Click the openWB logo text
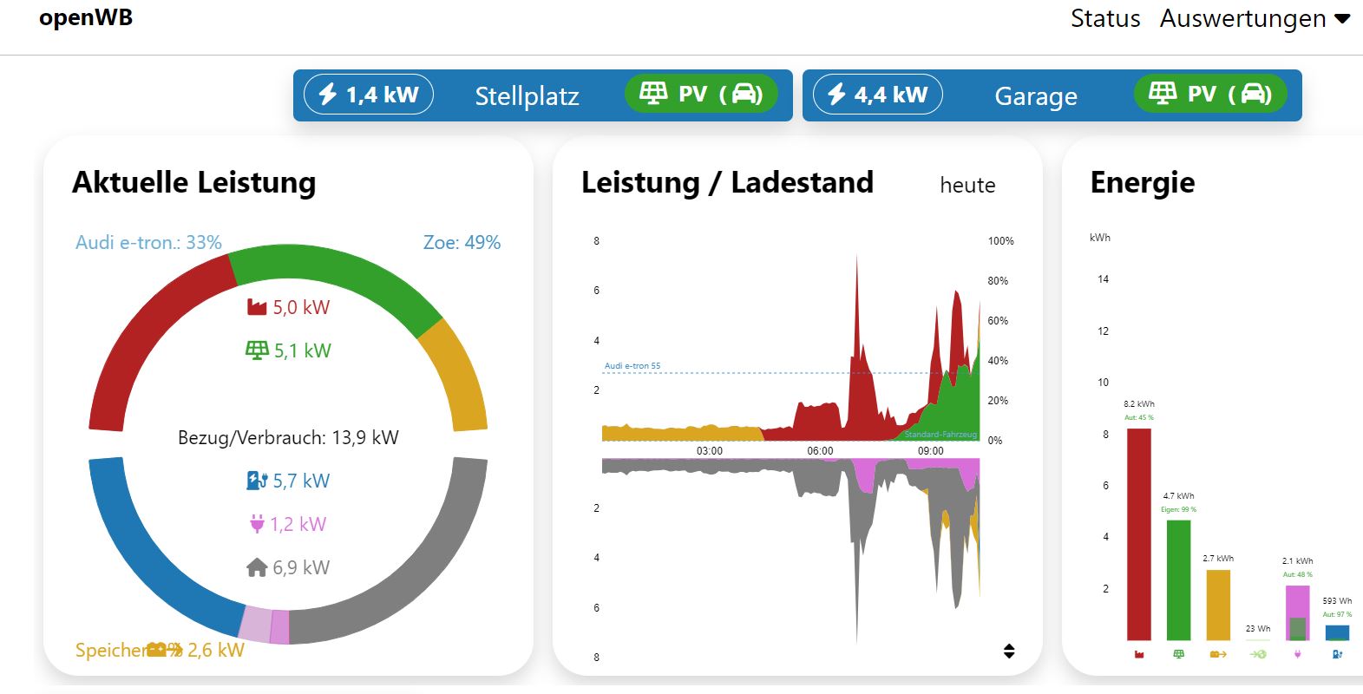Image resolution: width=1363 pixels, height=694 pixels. pyautogui.click(x=86, y=18)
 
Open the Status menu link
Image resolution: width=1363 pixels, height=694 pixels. pyautogui.click(x=1104, y=18)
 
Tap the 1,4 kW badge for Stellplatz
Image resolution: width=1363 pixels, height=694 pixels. pyautogui.click(x=369, y=95)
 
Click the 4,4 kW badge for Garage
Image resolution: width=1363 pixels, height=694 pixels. pyautogui.click(x=878, y=95)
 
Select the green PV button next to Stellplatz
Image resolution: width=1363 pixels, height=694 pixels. pyautogui.click(x=701, y=94)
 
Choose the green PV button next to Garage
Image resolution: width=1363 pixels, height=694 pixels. pyautogui.click(x=1210, y=94)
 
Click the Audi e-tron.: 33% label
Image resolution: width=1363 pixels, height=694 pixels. pyautogui.click(x=148, y=242)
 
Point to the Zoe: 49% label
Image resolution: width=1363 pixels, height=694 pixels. pyautogui.click(x=462, y=242)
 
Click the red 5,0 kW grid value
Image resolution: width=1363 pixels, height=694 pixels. pyautogui.click(x=289, y=307)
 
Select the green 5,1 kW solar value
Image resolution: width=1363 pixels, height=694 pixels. pyautogui.click(x=289, y=350)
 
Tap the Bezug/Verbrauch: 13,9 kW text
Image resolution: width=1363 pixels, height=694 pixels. pyautogui.click(x=288, y=437)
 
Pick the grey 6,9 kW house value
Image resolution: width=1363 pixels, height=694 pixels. pyautogui.click(x=288, y=567)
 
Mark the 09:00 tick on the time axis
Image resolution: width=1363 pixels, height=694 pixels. pyautogui.click(x=930, y=451)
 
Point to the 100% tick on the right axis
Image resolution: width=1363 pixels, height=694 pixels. pyautogui.click(x=1000, y=241)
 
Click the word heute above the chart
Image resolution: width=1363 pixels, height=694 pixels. pyautogui.click(x=967, y=185)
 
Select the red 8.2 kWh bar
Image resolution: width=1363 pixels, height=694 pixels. pyautogui.click(x=1138, y=534)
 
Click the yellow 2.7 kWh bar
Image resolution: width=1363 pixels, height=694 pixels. pyautogui.click(x=1218, y=605)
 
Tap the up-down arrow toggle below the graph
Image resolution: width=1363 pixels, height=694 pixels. pyautogui.click(x=1009, y=651)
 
